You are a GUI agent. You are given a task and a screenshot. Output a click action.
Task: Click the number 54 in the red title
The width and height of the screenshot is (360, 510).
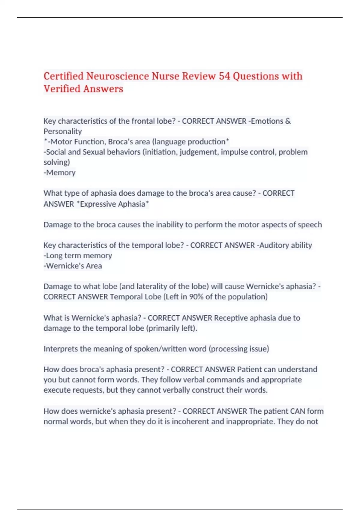tap(224, 76)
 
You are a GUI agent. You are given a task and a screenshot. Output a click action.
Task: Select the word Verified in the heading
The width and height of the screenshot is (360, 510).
tap(62, 89)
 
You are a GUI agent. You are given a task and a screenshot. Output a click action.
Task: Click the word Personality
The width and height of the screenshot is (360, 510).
tap(63, 131)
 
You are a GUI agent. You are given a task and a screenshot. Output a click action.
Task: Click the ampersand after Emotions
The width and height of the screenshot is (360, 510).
tap(288, 121)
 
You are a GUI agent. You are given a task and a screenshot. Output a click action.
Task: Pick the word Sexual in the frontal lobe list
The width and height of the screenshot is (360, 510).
tap(94, 152)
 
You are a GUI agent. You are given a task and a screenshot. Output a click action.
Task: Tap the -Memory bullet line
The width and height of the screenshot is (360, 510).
tap(60, 172)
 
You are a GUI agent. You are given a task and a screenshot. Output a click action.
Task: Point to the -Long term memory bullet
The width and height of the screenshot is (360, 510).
tap(78, 256)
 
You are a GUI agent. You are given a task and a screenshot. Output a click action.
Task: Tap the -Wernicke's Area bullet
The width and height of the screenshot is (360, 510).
tap(73, 266)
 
